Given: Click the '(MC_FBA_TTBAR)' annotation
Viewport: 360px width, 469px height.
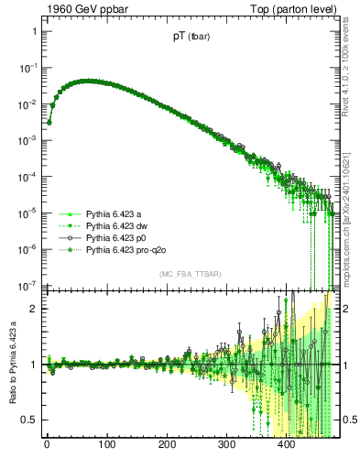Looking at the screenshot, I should click(x=189, y=275).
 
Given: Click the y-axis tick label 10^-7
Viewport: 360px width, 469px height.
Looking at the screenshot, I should click(x=27, y=284).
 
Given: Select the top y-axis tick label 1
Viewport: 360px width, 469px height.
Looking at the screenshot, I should click(x=33, y=31).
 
